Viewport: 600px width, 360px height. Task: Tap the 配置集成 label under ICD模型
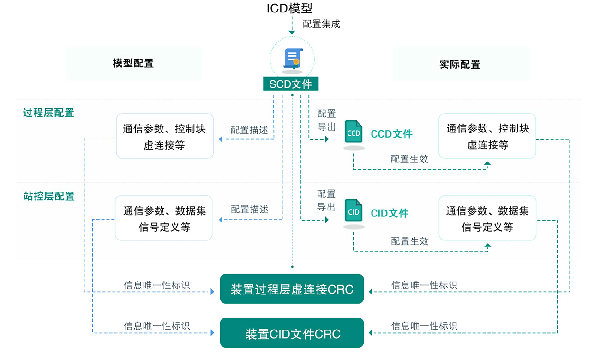321,24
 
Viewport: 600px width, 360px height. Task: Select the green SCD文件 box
291,84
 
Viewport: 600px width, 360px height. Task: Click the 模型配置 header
133,64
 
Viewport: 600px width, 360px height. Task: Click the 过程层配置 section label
48,113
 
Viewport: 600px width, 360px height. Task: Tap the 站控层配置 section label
48,196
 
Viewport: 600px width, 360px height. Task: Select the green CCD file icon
354,132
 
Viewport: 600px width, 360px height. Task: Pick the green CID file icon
354,211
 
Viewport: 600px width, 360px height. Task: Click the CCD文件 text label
391,134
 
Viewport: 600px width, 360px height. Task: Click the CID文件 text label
390,213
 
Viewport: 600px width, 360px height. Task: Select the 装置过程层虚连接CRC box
292,289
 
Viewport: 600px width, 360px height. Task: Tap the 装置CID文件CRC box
292,333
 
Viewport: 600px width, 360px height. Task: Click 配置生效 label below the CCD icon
409,159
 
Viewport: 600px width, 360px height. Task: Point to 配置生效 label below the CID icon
410,241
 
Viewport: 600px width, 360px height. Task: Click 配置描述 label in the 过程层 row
249,130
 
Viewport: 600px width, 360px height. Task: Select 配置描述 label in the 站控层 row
249,210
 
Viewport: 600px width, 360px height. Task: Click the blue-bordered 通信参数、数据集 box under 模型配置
164,218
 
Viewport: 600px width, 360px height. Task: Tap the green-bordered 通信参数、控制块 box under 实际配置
487,136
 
